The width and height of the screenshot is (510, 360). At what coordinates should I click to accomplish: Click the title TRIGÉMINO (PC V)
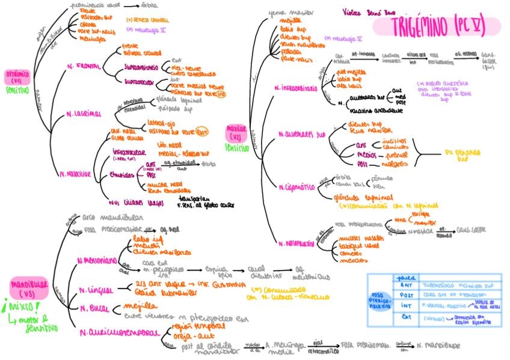pyautogui.click(x=436, y=26)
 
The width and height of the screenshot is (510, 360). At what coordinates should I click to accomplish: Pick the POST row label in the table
pyautogui.click(x=407, y=296)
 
